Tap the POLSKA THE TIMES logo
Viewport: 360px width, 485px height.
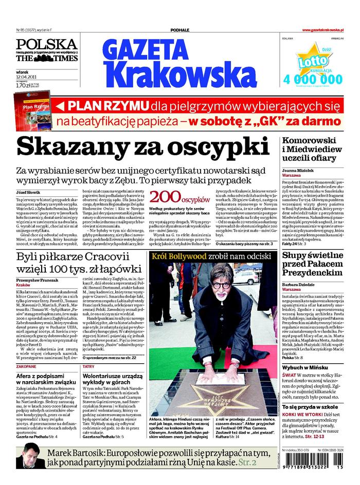point(47,50)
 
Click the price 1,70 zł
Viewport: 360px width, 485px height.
point(23,86)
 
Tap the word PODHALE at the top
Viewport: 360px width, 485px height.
point(179,31)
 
